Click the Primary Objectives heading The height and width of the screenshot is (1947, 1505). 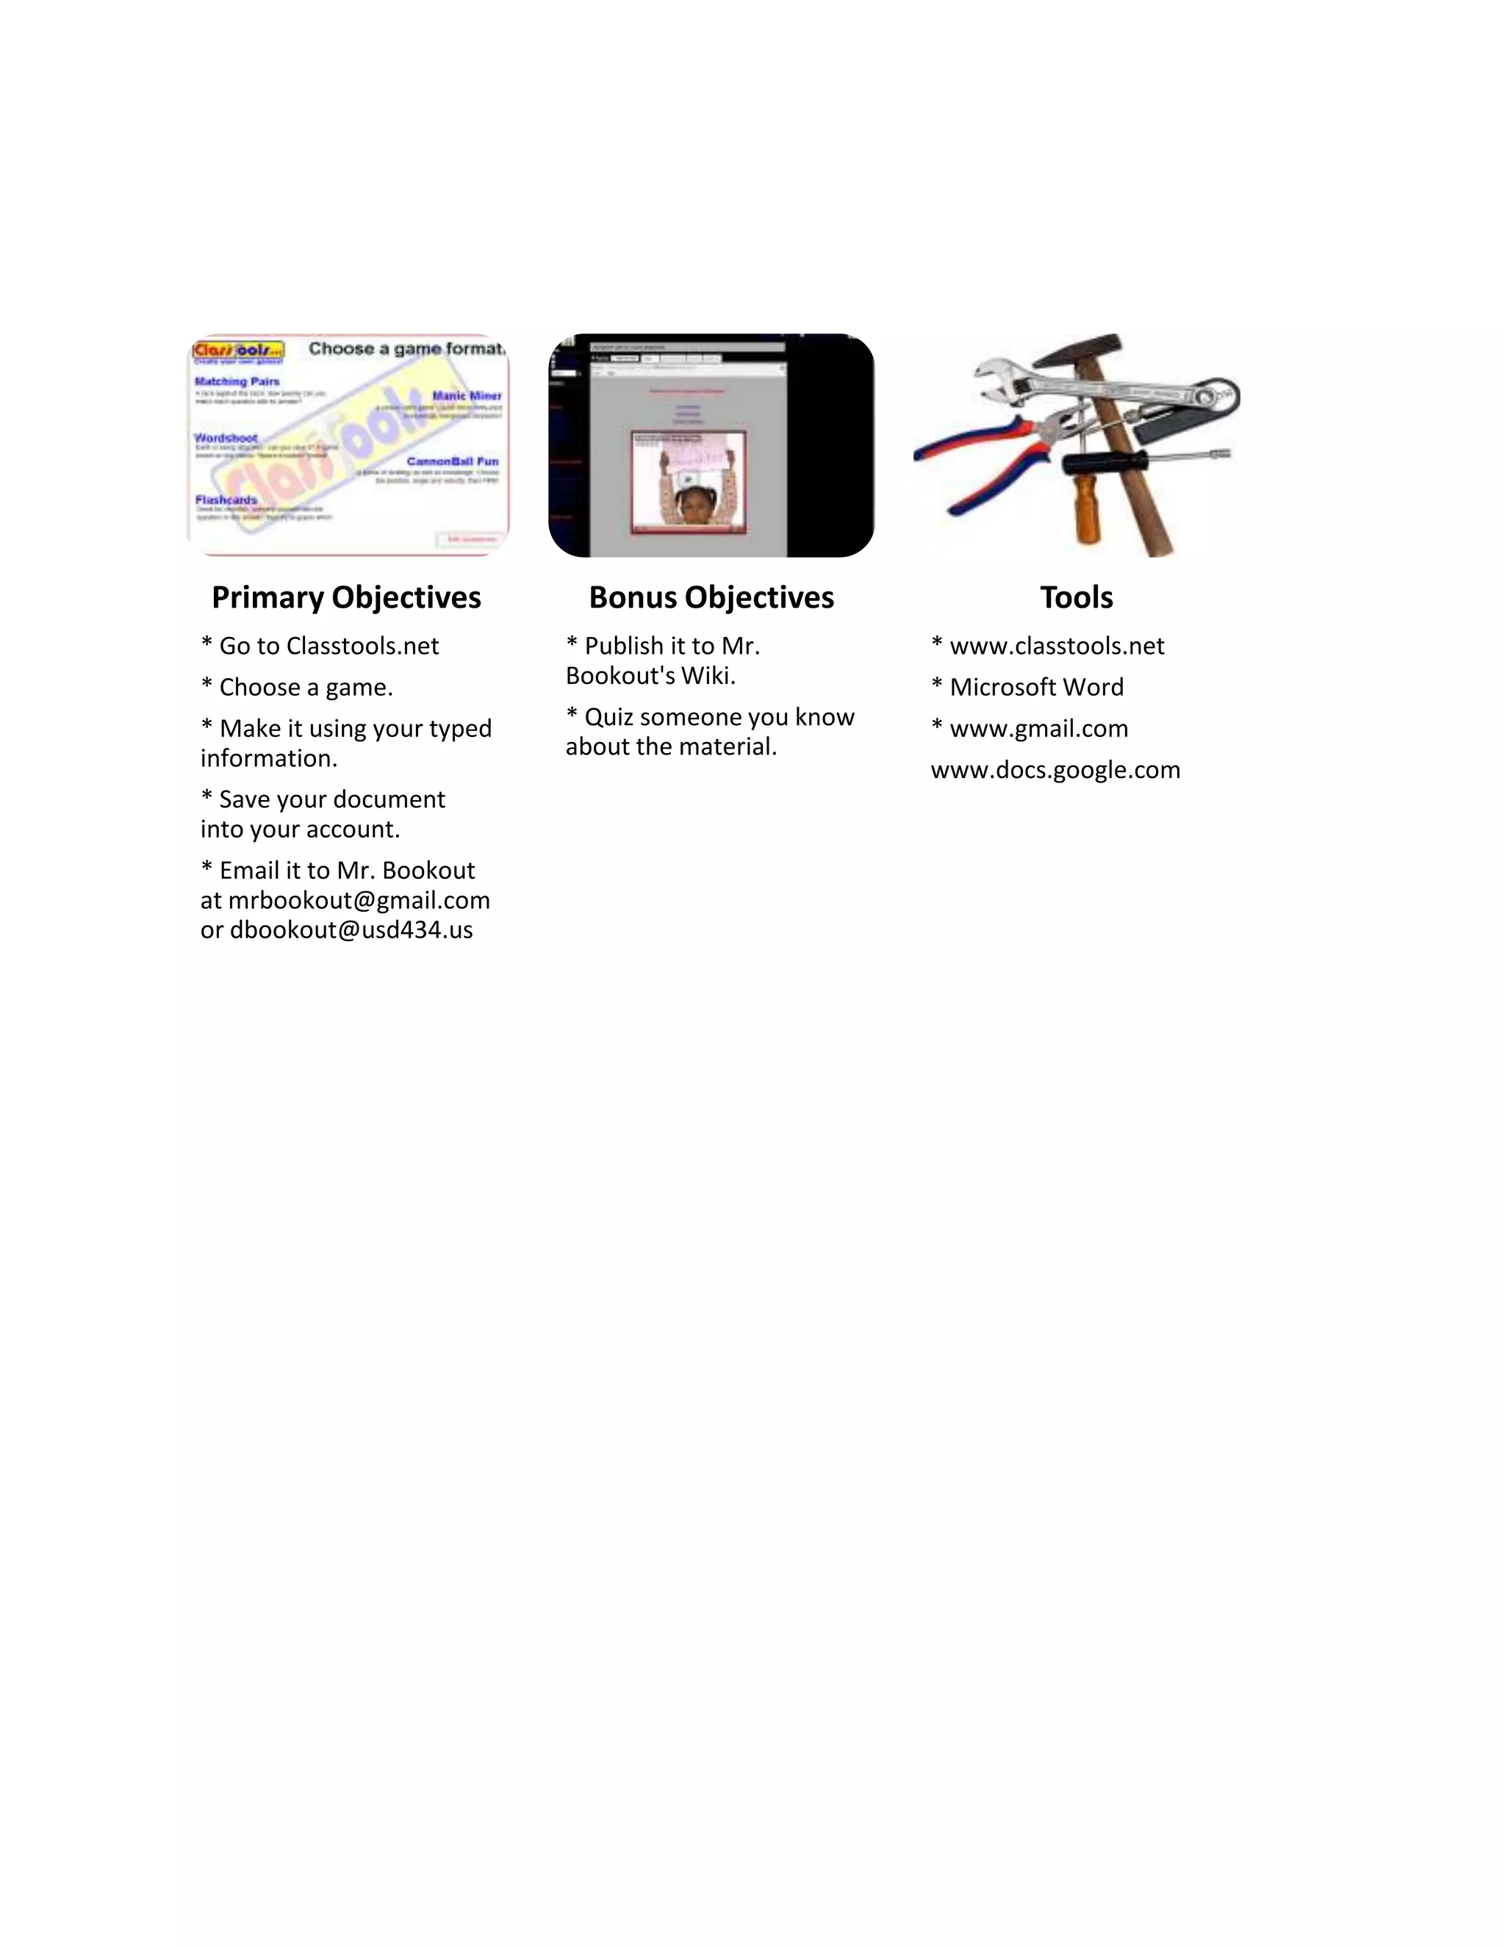(x=346, y=597)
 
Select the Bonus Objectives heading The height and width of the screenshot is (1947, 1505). (x=711, y=597)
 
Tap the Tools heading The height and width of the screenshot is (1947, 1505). (x=1076, y=597)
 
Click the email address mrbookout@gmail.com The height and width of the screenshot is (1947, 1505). (x=359, y=901)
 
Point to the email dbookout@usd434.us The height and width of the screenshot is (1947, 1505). (x=351, y=930)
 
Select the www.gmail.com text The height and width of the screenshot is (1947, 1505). (x=1038, y=728)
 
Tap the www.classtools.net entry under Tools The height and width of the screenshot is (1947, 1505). (x=1057, y=645)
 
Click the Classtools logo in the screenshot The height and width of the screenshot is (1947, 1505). (x=238, y=350)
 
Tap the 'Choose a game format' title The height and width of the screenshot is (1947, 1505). (x=406, y=348)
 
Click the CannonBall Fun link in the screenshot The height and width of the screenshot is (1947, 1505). (x=452, y=461)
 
